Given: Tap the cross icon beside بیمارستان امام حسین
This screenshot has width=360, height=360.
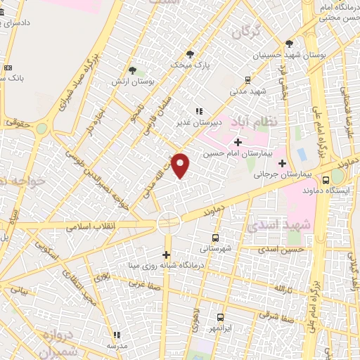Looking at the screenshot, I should (238, 142).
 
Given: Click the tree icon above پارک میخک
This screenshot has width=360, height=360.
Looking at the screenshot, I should (190, 53).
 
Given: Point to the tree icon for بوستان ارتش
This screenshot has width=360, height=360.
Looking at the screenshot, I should (132, 70).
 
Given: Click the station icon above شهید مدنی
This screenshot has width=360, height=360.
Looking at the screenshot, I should (247, 80).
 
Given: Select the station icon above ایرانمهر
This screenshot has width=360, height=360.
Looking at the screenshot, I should (221, 317).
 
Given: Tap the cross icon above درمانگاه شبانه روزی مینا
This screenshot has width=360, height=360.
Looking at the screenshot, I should (167, 255).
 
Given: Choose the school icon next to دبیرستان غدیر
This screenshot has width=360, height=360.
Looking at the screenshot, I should (199, 110).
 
